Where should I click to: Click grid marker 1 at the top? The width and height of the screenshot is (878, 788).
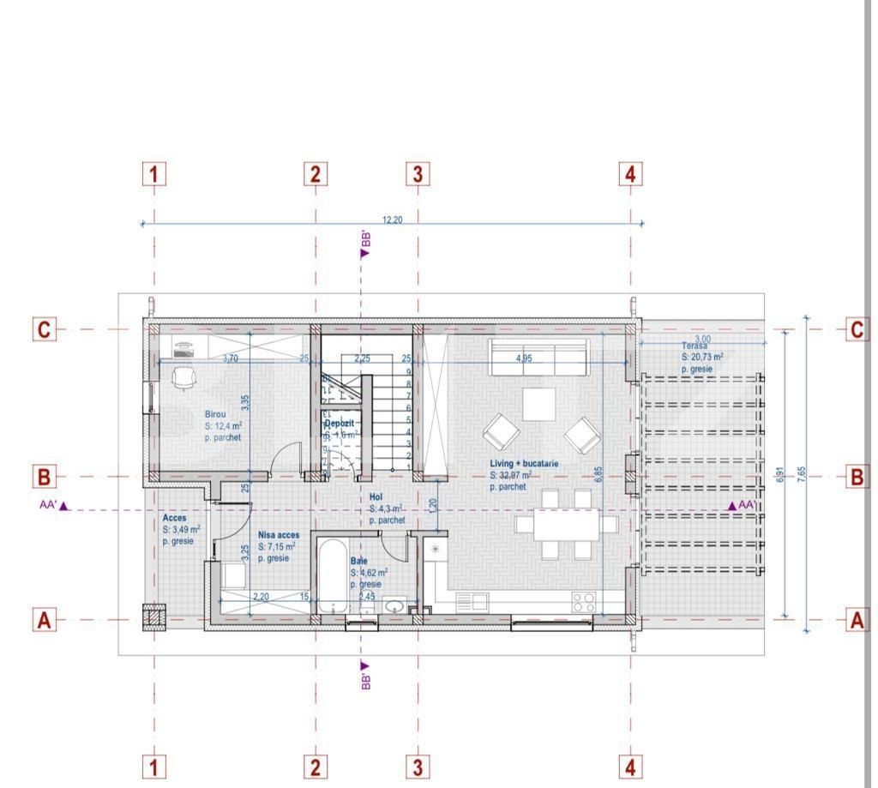(x=153, y=175)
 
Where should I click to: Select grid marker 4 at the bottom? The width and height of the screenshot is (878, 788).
(x=630, y=766)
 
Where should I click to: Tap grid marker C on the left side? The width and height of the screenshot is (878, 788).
(x=45, y=329)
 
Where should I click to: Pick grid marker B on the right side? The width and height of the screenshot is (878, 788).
(x=857, y=477)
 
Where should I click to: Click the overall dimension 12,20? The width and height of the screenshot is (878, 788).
(x=392, y=220)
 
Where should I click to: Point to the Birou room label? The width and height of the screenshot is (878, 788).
(x=215, y=414)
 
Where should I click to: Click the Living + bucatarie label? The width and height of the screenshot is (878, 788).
(x=524, y=464)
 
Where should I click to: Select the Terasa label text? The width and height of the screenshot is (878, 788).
(x=695, y=346)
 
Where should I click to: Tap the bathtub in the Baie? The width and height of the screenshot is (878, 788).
(x=332, y=577)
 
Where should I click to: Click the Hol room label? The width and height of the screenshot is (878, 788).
(x=376, y=497)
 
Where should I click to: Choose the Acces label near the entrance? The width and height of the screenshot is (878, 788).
(x=174, y=519)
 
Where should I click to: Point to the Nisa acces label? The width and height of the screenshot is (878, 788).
(x=278, y=535)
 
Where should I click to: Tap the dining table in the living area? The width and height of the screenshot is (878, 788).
(x=566, y=524)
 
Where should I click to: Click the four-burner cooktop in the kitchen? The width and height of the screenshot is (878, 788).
(x=584, y=602)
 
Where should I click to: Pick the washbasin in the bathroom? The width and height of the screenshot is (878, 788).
(x=394, y=606)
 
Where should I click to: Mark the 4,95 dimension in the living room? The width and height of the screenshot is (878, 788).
(x=523, y=358)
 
